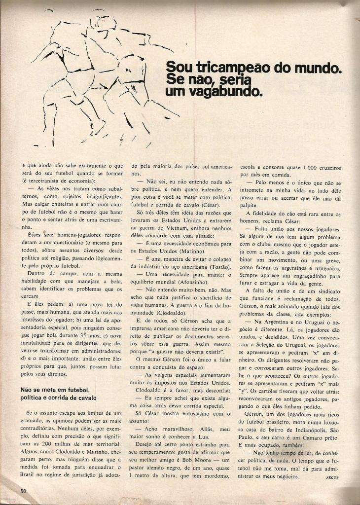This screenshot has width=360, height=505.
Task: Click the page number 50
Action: [23, 490]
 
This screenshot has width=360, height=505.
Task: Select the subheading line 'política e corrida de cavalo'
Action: [58, 397]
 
